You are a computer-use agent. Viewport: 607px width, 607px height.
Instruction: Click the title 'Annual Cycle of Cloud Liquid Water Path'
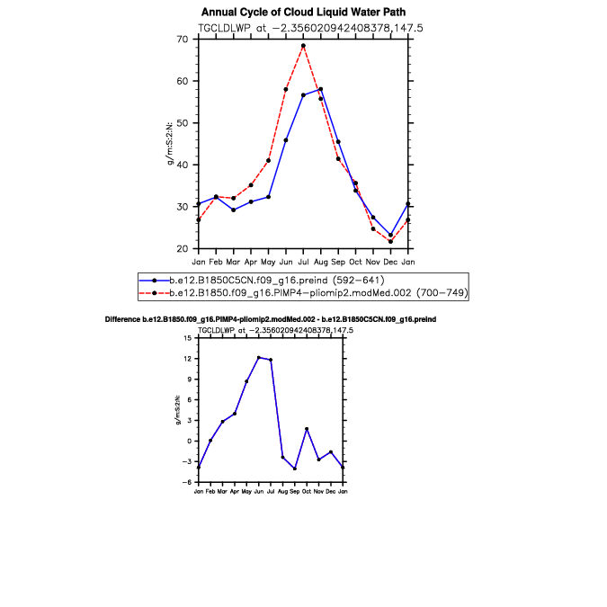click(303, 12)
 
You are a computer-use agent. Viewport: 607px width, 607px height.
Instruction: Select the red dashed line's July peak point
click(303, 46)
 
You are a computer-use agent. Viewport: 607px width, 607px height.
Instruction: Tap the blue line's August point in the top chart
click(321, 89)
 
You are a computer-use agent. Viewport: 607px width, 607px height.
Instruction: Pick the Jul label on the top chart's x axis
click(303, 262)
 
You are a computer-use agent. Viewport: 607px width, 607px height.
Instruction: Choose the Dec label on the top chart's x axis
click(390, 262)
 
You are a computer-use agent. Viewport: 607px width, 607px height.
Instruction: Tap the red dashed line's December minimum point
click(390, 241)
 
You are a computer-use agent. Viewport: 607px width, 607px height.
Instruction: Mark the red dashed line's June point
click(286, 89)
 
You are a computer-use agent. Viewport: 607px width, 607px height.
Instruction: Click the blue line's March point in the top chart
click(234, 210)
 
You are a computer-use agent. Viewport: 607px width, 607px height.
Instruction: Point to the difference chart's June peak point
click(258, 357)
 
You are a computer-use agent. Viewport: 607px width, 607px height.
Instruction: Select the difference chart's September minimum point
click(295, 469)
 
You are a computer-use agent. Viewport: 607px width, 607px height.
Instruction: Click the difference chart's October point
click(307, 429)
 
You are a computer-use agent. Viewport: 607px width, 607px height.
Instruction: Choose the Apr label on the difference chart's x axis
click(234, 492)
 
